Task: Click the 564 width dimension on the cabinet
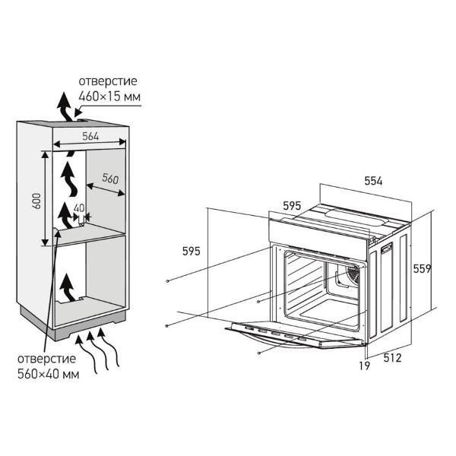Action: click(90, 136)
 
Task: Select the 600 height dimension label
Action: click(37, 201)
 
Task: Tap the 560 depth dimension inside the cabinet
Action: click(110, 179)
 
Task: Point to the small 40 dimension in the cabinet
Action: click(79, 208)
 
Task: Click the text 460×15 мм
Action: click(109, 97)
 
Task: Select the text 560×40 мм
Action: click(49, 374)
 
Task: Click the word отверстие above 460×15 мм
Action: click(108, 81)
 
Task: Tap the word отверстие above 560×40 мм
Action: click(46, 359)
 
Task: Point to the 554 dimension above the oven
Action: click(373, 181)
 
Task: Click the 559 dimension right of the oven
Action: click(423, 269)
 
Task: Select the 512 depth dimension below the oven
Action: click(392, 358)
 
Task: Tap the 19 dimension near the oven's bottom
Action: click(364, 366)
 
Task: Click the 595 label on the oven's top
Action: click(292, 206)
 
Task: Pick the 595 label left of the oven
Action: click(192, 251)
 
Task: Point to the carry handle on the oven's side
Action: click(387, 247)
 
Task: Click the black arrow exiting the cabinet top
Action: click(65, 106)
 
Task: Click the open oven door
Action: click(293, 334)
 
